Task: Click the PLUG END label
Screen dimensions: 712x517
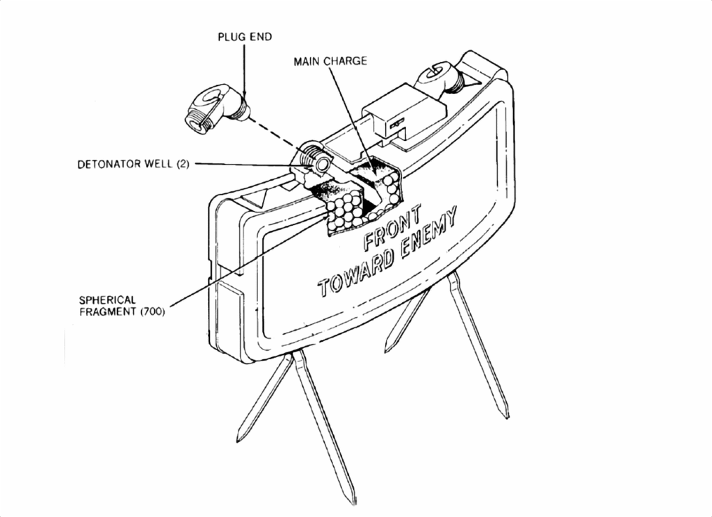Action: tap(245, 37)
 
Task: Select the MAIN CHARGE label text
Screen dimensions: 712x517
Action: tap(330, 61)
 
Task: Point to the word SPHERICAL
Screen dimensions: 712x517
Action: tap(108, 300)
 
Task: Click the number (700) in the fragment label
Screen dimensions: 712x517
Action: tap(152, 312)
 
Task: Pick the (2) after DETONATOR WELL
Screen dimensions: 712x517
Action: tap(182, 164)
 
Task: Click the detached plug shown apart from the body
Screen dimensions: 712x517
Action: tap(217, 107)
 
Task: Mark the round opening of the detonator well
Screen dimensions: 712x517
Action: tap(322, 164)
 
